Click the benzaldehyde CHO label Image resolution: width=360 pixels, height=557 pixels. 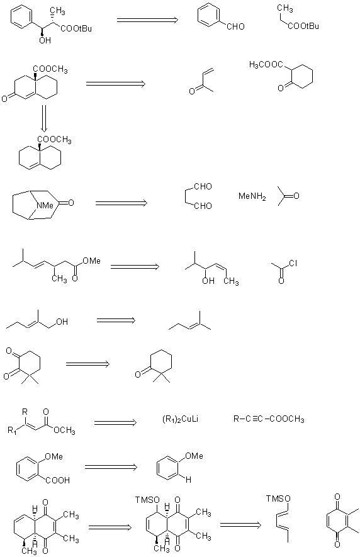[x=235, y=26]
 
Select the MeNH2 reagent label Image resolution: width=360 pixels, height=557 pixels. [x=252, y=196]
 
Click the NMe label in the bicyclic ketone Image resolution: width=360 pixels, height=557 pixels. [x=45, y=205]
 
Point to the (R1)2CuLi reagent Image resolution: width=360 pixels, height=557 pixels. [x=180, y=419]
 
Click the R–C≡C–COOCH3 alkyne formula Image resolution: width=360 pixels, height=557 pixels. [x=269, y=419]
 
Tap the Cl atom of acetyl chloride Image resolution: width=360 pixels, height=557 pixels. [x=293, y=263]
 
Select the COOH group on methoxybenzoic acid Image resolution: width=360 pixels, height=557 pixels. [x=58, y=480]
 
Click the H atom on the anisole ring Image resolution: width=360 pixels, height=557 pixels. [x=188, y=480]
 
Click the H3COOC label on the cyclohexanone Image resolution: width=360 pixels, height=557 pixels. [x=266, y=65]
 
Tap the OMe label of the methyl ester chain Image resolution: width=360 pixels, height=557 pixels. [x=91, y=261]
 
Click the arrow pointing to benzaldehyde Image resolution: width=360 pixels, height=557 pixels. [x=147, y=20]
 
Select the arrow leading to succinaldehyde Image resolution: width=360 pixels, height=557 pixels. [x=121, y=203]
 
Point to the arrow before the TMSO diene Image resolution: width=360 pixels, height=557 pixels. [x=240, y=525]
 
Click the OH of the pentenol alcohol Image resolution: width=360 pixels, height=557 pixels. [x=62, y=322]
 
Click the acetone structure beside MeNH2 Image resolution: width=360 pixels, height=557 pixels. [x=288, y=196]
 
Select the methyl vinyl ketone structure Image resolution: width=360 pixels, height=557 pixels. [x=201, y=81]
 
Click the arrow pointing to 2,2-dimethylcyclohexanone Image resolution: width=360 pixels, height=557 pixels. [x=87, y=364]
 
